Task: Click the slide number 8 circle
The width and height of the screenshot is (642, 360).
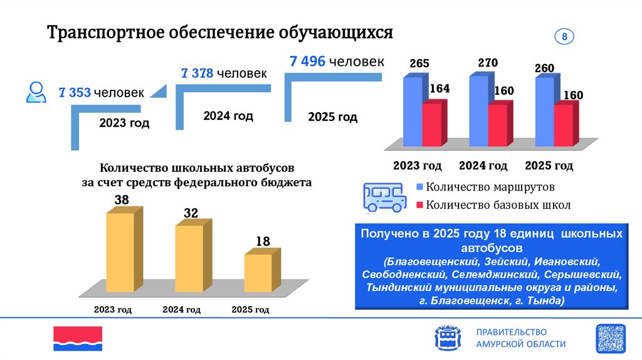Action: click(564, 37)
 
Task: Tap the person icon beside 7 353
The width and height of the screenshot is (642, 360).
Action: click(36, 92)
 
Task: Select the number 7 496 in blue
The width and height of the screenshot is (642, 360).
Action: click(307, 61)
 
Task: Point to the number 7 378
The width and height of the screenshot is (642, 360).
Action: click(198, 74)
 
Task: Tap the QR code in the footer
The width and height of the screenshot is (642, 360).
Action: click(610, 339)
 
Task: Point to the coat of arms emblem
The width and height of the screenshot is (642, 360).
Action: click(447, 339)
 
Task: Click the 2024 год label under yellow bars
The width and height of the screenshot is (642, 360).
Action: click(181, 310)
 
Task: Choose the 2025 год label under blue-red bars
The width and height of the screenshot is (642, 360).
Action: click(549, 166)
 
